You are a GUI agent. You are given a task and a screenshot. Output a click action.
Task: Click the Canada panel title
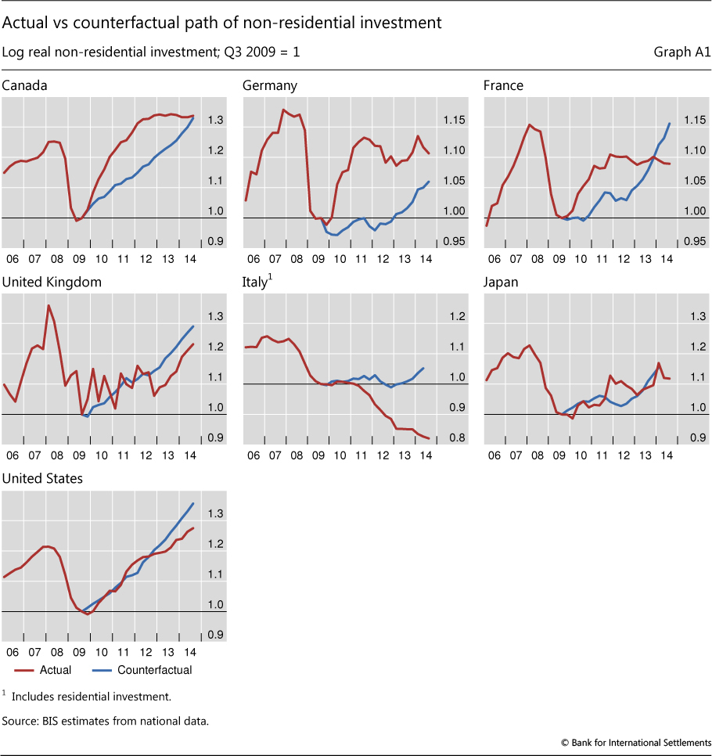(x=25, y=85)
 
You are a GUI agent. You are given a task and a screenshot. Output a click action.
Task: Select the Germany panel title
(x=270, y=85)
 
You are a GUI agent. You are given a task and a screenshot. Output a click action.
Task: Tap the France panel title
(x=504, y=85)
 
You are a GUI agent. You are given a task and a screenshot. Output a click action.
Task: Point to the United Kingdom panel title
(x=52, y=282)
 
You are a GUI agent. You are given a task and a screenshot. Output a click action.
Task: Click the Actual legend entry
(x=55, y=670)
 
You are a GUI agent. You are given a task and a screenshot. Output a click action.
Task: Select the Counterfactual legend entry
(x=154, y=670)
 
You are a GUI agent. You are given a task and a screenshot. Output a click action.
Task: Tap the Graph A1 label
(x=681, y=52)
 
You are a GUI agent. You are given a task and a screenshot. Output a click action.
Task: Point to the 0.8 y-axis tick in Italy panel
(x=453, y=438)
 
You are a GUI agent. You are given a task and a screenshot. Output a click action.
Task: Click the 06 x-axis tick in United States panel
(x=13, y=652)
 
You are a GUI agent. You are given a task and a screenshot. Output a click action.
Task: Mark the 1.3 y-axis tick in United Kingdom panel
(x=213, y=316)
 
